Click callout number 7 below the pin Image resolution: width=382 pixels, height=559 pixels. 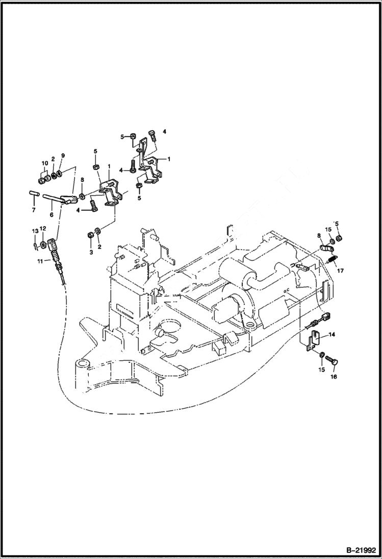(34, 209)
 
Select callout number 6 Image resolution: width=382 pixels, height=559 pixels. (52, 215)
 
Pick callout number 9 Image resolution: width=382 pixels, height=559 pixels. (63, 155)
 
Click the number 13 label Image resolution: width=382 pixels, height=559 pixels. (35, 231)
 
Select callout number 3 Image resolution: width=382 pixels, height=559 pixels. (91, 252)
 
